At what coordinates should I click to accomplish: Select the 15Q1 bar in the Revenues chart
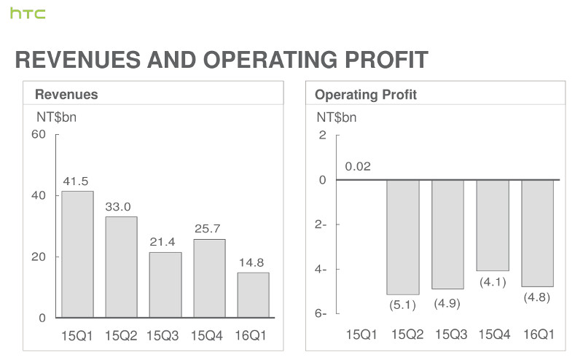tap(77, 254)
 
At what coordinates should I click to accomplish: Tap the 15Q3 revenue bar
tap(165, 284)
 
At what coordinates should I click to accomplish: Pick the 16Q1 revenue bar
tap(254, 294)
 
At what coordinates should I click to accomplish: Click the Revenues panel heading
tap(66, 94)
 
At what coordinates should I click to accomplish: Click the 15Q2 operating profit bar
tap(402, 237)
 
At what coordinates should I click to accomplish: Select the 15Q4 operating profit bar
tap(493, 225)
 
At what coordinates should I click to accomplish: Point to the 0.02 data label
tap(358, 167)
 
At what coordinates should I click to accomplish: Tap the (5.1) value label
tap(402, 305)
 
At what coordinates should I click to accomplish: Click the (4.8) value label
tap(538, 297)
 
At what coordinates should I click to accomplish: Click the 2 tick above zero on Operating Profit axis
tap(322, 136)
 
